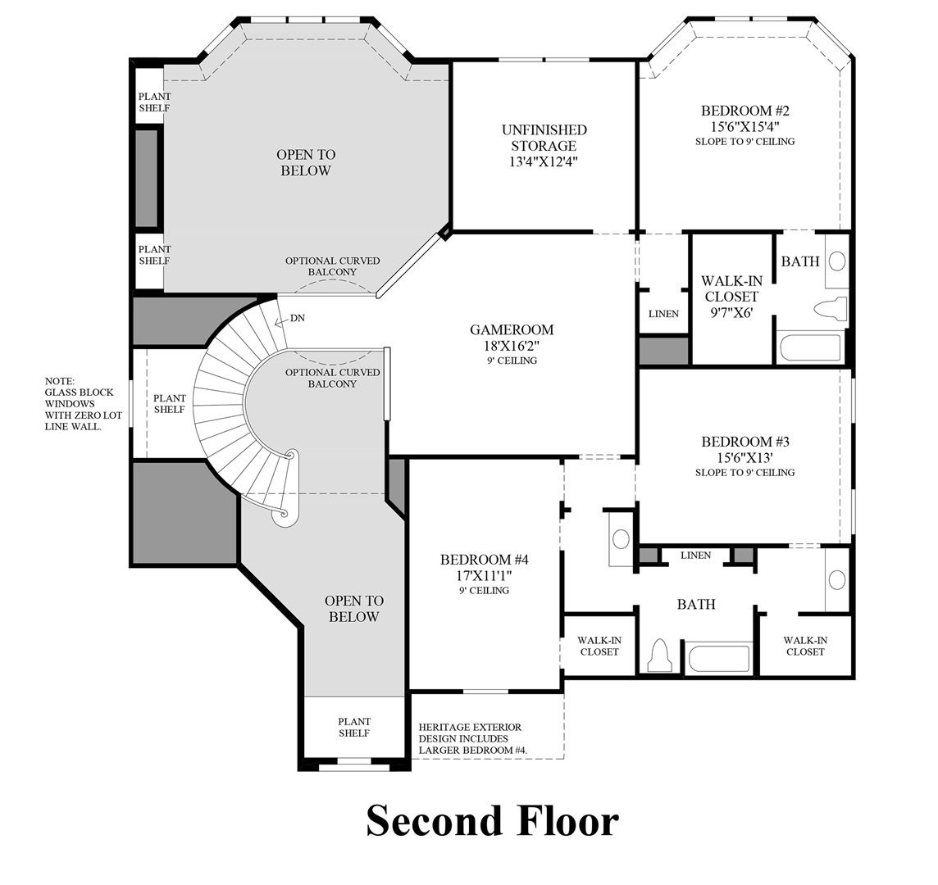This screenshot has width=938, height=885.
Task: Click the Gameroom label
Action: coord(512,329)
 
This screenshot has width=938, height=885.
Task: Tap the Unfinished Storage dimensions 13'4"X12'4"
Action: coord(544,161)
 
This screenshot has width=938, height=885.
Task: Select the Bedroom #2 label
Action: coord(745,111)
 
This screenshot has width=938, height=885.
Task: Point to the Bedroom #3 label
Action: coord(745,442)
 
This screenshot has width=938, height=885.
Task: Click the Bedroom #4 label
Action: coord(485,560)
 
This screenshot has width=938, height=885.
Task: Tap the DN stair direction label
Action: coord(298,318)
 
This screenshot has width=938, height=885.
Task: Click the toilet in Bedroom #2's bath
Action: coord(831,309)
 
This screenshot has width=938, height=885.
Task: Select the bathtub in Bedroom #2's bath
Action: coord(811,348)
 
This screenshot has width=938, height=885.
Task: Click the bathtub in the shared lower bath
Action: coord(718,659)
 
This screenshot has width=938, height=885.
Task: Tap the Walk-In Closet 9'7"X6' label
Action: coord(731,297)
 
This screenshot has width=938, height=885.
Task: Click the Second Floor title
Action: coord(492,820)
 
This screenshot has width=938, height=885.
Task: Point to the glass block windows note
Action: coord(83,404)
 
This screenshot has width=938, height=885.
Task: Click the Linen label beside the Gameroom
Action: coord(663,314)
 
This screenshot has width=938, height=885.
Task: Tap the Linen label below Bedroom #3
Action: coord(696,556)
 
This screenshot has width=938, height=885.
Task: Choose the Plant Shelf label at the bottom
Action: coord(354,727)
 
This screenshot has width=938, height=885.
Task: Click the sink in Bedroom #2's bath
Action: coord(837,261)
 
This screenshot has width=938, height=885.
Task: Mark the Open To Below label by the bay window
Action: coord(306,162)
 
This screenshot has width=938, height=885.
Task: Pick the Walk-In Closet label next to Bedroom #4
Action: coord(599,646)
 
